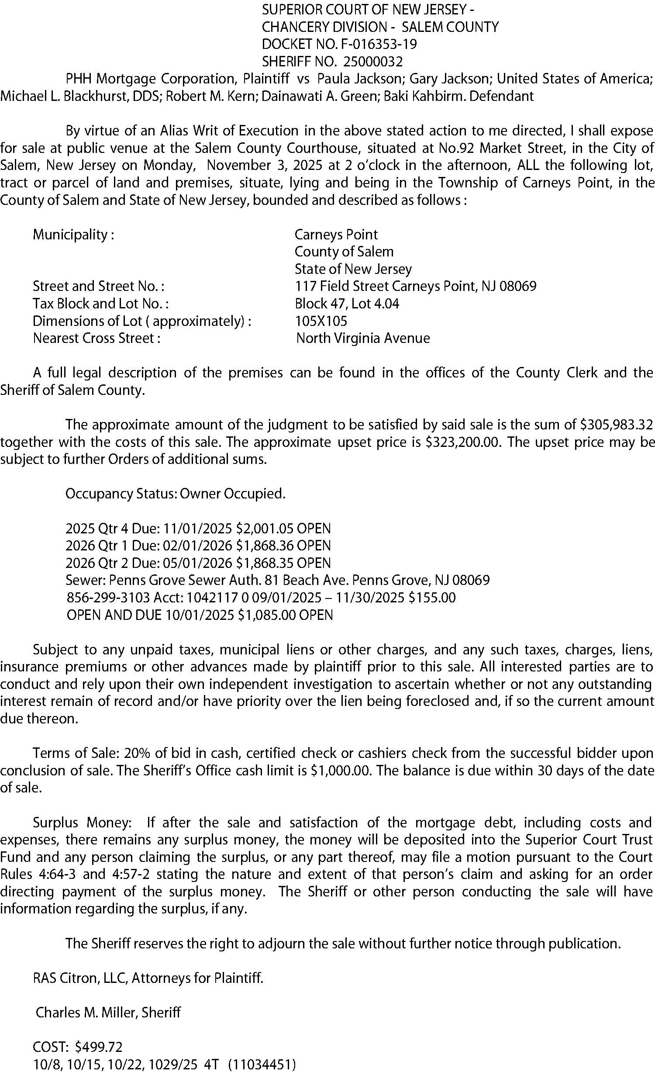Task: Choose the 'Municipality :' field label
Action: [x=73, y=235]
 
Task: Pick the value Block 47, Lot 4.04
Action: [x=347, y=304]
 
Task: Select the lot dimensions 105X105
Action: [x=321, y=321]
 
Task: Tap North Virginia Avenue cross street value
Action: [x=363, y=338]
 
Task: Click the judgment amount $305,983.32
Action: [x=616, y=425]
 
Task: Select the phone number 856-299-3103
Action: [x=107, y=598]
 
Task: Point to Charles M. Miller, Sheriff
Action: [x=108, y=1012]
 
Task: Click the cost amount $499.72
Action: [x=99, y=1047]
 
